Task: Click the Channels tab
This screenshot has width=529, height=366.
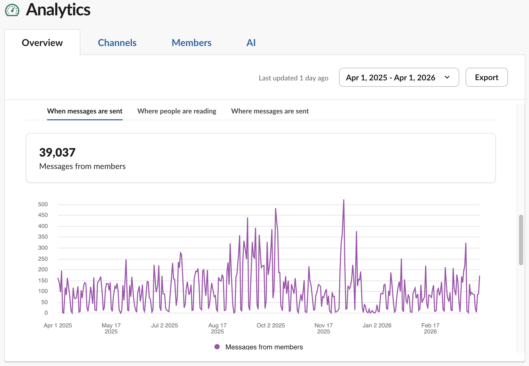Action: pyautogui.click(x=117, y=43)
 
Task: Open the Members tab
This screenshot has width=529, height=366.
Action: pyautogui.click(x=191, y=43)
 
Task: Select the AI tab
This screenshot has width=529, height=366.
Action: pyautogui.click(x=251, y=43)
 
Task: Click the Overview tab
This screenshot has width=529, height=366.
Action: pyautogui.click(x=42, y=43)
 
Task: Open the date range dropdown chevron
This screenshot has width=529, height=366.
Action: pyautogui.click(x=447, y=77)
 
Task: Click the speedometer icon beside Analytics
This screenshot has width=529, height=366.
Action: pyautogui.click(x=12, y=10)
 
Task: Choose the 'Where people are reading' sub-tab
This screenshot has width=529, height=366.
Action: pyautogui.click(x=177, y=111)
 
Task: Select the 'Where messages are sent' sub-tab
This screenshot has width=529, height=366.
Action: pyautogui.click(x=270, y=111)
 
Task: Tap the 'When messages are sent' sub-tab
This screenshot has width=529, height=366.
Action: pyautogui.click(x=85, y=111)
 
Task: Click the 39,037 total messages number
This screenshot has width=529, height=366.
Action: pyautogui.click(x=57, y=152)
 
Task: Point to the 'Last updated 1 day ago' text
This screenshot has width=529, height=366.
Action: pyautogui.click(x=293, y=78)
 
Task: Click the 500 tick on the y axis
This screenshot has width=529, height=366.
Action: pyautogui.click(x=43, y=204)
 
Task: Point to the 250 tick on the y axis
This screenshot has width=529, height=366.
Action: pyautogui.click(x=43, y=259)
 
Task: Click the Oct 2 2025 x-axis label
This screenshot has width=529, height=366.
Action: pyautogui.click(x=271, y=325)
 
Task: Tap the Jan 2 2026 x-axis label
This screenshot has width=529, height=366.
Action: pyautogui.click(x=377, y=325)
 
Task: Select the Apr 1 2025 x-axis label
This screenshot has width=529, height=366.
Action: pyautogui.click(x=58, y=325)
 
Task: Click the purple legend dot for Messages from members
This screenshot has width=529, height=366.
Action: pyautogui.click(x=217, y=347)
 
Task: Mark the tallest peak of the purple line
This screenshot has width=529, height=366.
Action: pyautogui.click(x=344, y=200)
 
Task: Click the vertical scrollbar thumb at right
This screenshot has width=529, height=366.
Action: pyautogui.click(x=521, y=240)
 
